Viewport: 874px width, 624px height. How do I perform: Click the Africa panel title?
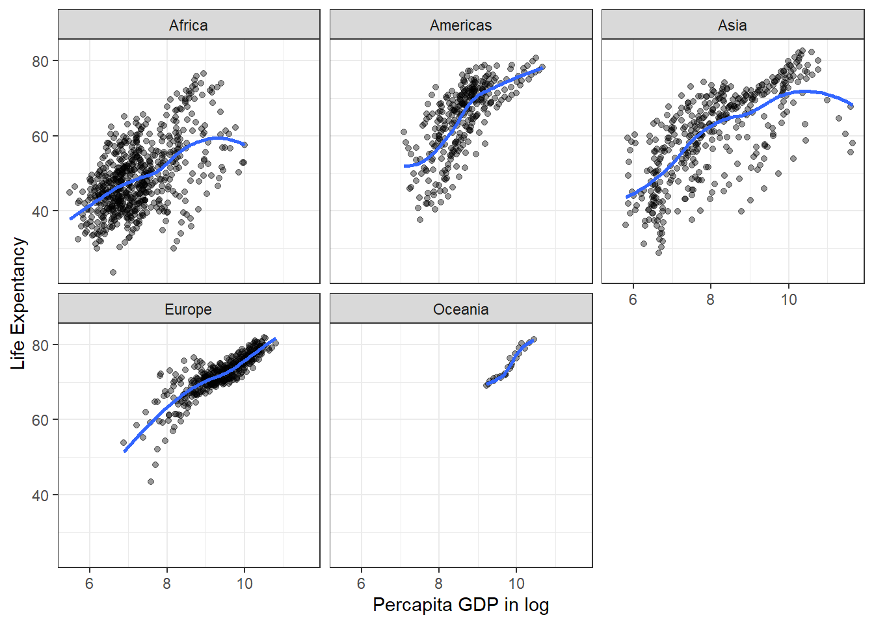click(x=189, y=25)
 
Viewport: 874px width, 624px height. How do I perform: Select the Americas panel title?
click(x=460, y=25)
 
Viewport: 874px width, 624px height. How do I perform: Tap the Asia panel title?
click(x=732, y=25)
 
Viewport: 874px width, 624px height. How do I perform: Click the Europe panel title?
click(x=189, y=309)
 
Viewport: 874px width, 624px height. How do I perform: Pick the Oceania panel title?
click(x=460, y=309)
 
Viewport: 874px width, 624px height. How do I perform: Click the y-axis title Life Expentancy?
click(x=18, y=304)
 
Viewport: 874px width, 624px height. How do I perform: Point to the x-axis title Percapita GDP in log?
click(x=460, y=605)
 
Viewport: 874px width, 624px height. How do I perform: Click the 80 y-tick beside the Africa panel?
click(x=40, y=61)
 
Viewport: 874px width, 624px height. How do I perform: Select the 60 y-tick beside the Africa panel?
click(x=40, y=136)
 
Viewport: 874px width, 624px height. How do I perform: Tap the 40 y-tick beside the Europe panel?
click(x=40, y=495)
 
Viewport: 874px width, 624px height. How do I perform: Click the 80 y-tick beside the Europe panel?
click(x=40, y=345)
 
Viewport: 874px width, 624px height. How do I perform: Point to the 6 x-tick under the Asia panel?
click(x=633, y=300)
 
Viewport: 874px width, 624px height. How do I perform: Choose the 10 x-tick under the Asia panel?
click(x=788, y=300)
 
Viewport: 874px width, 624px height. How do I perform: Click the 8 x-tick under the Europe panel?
click(x=167, y=584)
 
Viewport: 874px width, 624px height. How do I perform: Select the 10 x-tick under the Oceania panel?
click(x=516, y=584)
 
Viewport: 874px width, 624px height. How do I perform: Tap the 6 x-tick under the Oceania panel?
click(x=361, y=584)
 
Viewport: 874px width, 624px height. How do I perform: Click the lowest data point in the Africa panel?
click(x=113, y=272)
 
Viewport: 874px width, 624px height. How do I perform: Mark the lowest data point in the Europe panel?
click(x=151, y=482)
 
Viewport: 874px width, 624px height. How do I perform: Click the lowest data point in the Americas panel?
click(x=420, y=220)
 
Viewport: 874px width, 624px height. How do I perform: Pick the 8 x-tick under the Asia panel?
click(x=710, y=300)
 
